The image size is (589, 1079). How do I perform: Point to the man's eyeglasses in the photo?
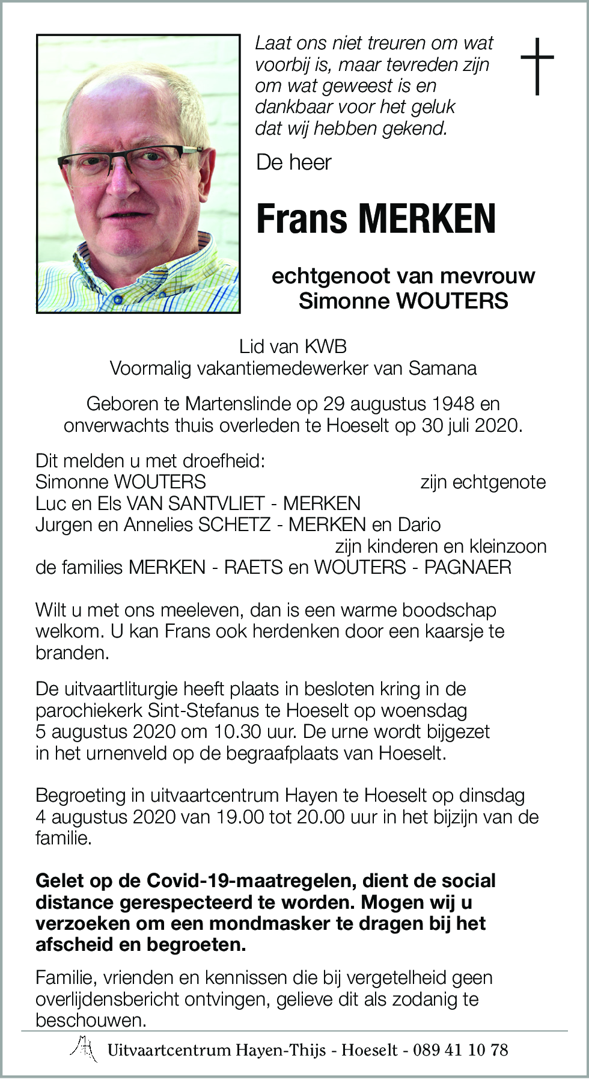(x=129, y=158)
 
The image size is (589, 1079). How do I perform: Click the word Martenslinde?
(x=250, y=404)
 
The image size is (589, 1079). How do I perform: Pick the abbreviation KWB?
(x=326, y=346)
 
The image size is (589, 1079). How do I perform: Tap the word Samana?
(x=442, y=368)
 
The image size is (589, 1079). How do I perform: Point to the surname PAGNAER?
(x=468, y=567)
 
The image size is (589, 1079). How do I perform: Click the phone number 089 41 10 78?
(x=460, y=1050)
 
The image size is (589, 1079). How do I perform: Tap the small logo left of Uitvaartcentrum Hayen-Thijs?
(x=85, y=1049)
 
